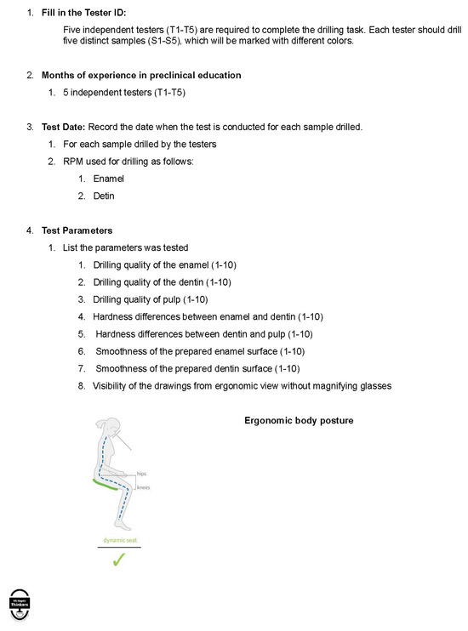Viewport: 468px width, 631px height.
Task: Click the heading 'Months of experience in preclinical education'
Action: tap(141, 75)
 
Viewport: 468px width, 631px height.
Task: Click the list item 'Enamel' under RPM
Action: tap(108, 179)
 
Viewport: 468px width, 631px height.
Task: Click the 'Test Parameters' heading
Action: tap(77, 230)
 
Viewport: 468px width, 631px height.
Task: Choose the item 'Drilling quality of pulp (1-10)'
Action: tap(151, 299)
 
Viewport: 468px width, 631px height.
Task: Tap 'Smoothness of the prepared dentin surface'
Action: tap(187, 368)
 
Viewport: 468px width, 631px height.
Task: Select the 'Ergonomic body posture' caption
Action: tap(299, 421)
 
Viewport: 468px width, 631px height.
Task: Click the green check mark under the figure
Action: tap(118, 559)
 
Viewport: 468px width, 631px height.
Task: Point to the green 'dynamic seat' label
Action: tap(118, 540)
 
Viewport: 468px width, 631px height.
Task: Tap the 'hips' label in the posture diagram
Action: tap(142, 474)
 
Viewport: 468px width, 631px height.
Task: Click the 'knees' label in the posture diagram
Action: tap(143, 487)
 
